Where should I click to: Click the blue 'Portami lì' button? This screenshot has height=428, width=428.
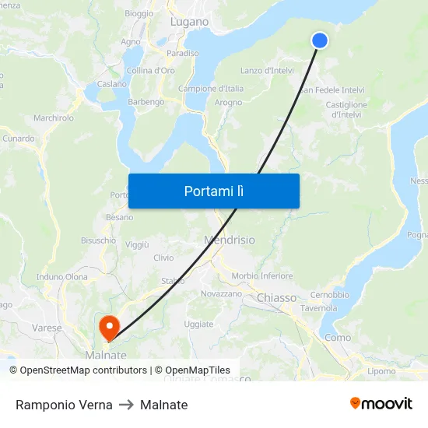click(x=213, y=191)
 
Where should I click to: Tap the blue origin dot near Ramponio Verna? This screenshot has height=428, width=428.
click(x=319, y=40)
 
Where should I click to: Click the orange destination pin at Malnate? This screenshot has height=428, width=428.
click(x=109, y=327)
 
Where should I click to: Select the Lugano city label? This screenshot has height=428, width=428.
click(x=189, y=22)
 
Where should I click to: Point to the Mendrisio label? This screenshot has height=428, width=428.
click(x=229, y=240)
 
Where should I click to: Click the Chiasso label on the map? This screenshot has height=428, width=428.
click(x=276, y=297)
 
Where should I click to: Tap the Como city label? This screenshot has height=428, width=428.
click(x=337, y=337)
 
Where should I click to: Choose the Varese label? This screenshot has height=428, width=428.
click(x=47, y=328)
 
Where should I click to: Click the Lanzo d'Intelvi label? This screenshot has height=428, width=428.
click(x=267, y=71)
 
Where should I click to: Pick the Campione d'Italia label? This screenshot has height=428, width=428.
click(x=211, y=89)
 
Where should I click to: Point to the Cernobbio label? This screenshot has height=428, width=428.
click(x=329, y=295)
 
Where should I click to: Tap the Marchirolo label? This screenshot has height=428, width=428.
click(x=53, y=118)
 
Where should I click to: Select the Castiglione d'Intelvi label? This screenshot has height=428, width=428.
click(x=346, y=110)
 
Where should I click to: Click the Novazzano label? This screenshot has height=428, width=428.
click(x=221, y=293)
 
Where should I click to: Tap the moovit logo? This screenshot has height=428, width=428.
click(x=381, y=404)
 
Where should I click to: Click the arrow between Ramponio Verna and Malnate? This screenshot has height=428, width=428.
click(x=126, y=405)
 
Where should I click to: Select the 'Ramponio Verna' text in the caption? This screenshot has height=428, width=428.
click(x=64, y=405)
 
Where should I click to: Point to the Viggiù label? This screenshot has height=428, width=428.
click(x=136, y=244)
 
